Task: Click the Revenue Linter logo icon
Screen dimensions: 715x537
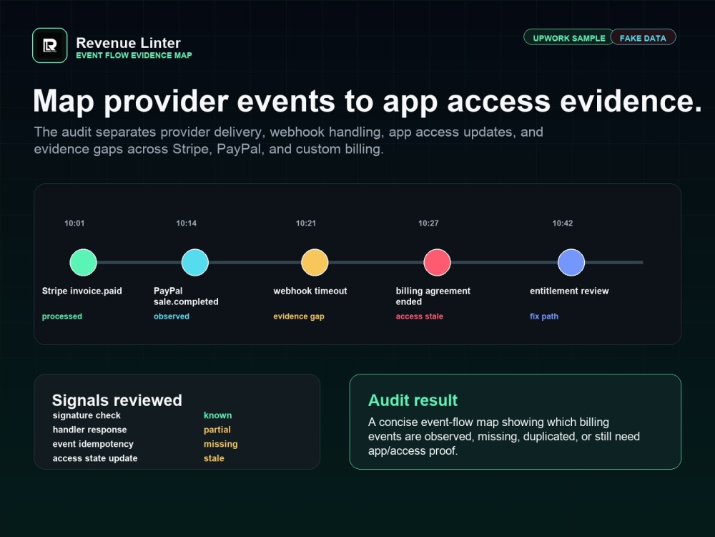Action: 50,46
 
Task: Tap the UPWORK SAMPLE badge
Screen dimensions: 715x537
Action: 568,38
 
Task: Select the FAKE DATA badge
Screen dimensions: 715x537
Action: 643,38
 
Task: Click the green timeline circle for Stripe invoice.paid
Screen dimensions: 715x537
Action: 84,262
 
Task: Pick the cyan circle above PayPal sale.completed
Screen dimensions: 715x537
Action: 195,262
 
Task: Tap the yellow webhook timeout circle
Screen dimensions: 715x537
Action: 315,262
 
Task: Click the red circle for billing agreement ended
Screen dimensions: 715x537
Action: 438,262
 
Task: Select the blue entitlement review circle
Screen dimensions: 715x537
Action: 571,262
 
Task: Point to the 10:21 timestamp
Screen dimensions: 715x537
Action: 306,223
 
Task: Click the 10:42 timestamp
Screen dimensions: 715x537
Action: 563,223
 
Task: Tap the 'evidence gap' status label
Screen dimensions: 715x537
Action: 299,316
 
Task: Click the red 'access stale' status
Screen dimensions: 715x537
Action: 420,316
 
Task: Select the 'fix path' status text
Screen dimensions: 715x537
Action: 544,316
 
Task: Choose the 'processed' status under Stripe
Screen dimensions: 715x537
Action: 62,316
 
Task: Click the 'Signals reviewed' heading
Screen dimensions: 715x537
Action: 117,400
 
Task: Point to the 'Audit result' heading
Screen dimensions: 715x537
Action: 413,400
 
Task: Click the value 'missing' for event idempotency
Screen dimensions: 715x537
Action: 221,444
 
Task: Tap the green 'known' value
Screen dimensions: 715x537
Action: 218,415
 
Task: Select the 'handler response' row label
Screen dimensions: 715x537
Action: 90,430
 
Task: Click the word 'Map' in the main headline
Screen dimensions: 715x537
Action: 64,102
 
